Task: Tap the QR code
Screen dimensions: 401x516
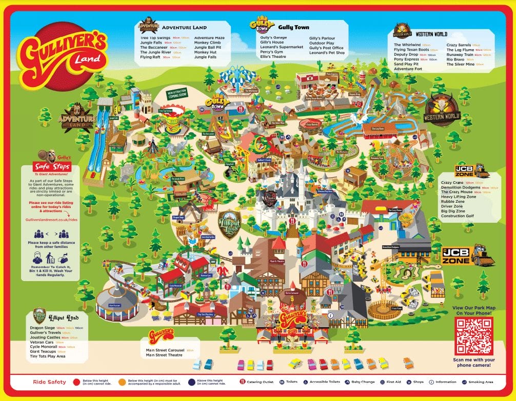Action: tap(473, 336)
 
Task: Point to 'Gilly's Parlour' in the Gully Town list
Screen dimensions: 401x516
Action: tap(322, 37)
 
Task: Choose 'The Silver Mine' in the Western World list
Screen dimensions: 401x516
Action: tap(461, 64)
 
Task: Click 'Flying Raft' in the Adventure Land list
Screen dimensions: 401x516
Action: tap(150, 57)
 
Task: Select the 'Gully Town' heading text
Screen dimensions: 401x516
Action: tap(294, 27)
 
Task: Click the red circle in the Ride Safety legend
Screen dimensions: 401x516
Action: tap(76, 382)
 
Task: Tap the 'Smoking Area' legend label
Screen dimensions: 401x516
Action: tap(482, 382)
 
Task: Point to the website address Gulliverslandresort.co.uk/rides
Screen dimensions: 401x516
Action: tap(51, 218)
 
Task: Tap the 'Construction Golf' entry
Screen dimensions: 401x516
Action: tap(457, 216)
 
